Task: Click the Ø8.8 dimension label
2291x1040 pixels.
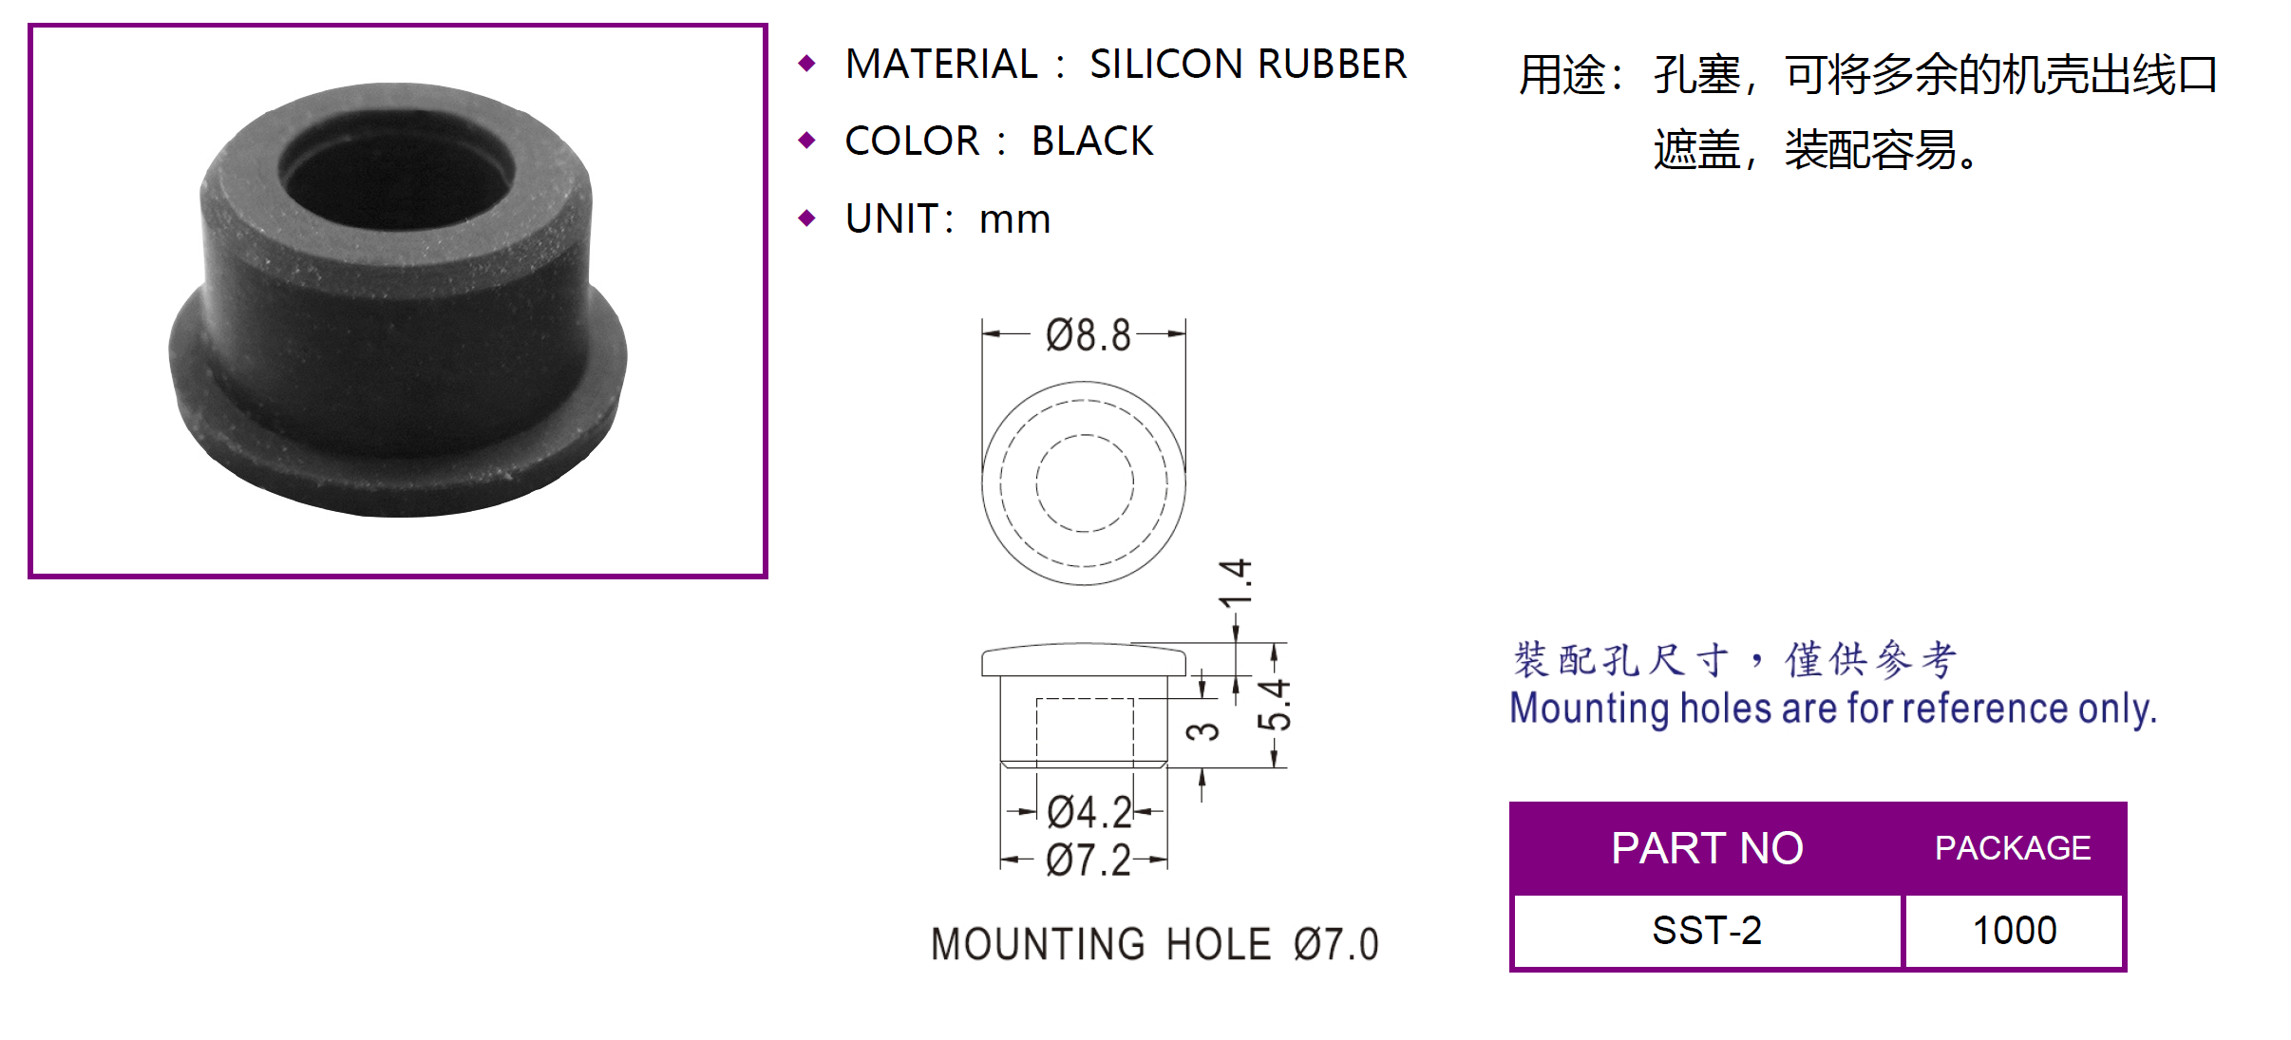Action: point(1088,336)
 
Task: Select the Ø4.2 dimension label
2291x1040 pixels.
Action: point(1089,813)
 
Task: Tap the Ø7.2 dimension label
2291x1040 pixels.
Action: point(1088,861)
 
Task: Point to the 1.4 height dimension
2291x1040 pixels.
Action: point(1236,583)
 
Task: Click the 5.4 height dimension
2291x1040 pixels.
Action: point(1275,705)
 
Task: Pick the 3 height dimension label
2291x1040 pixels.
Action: point(1203,731)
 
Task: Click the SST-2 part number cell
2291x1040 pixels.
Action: point(1707,931)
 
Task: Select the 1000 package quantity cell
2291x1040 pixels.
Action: point(2015,931)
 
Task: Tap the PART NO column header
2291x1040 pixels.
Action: point(1707,848)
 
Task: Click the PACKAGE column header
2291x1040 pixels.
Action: point(2013,848)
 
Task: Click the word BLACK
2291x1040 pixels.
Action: point(1092,142)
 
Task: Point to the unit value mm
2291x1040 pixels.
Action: point(1014,219)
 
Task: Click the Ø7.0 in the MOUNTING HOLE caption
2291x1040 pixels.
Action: point(1335,945)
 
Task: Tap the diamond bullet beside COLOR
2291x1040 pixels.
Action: point(807,142)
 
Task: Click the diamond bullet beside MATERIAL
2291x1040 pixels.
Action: point(807,64)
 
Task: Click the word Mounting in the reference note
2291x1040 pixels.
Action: point(1592,709)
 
